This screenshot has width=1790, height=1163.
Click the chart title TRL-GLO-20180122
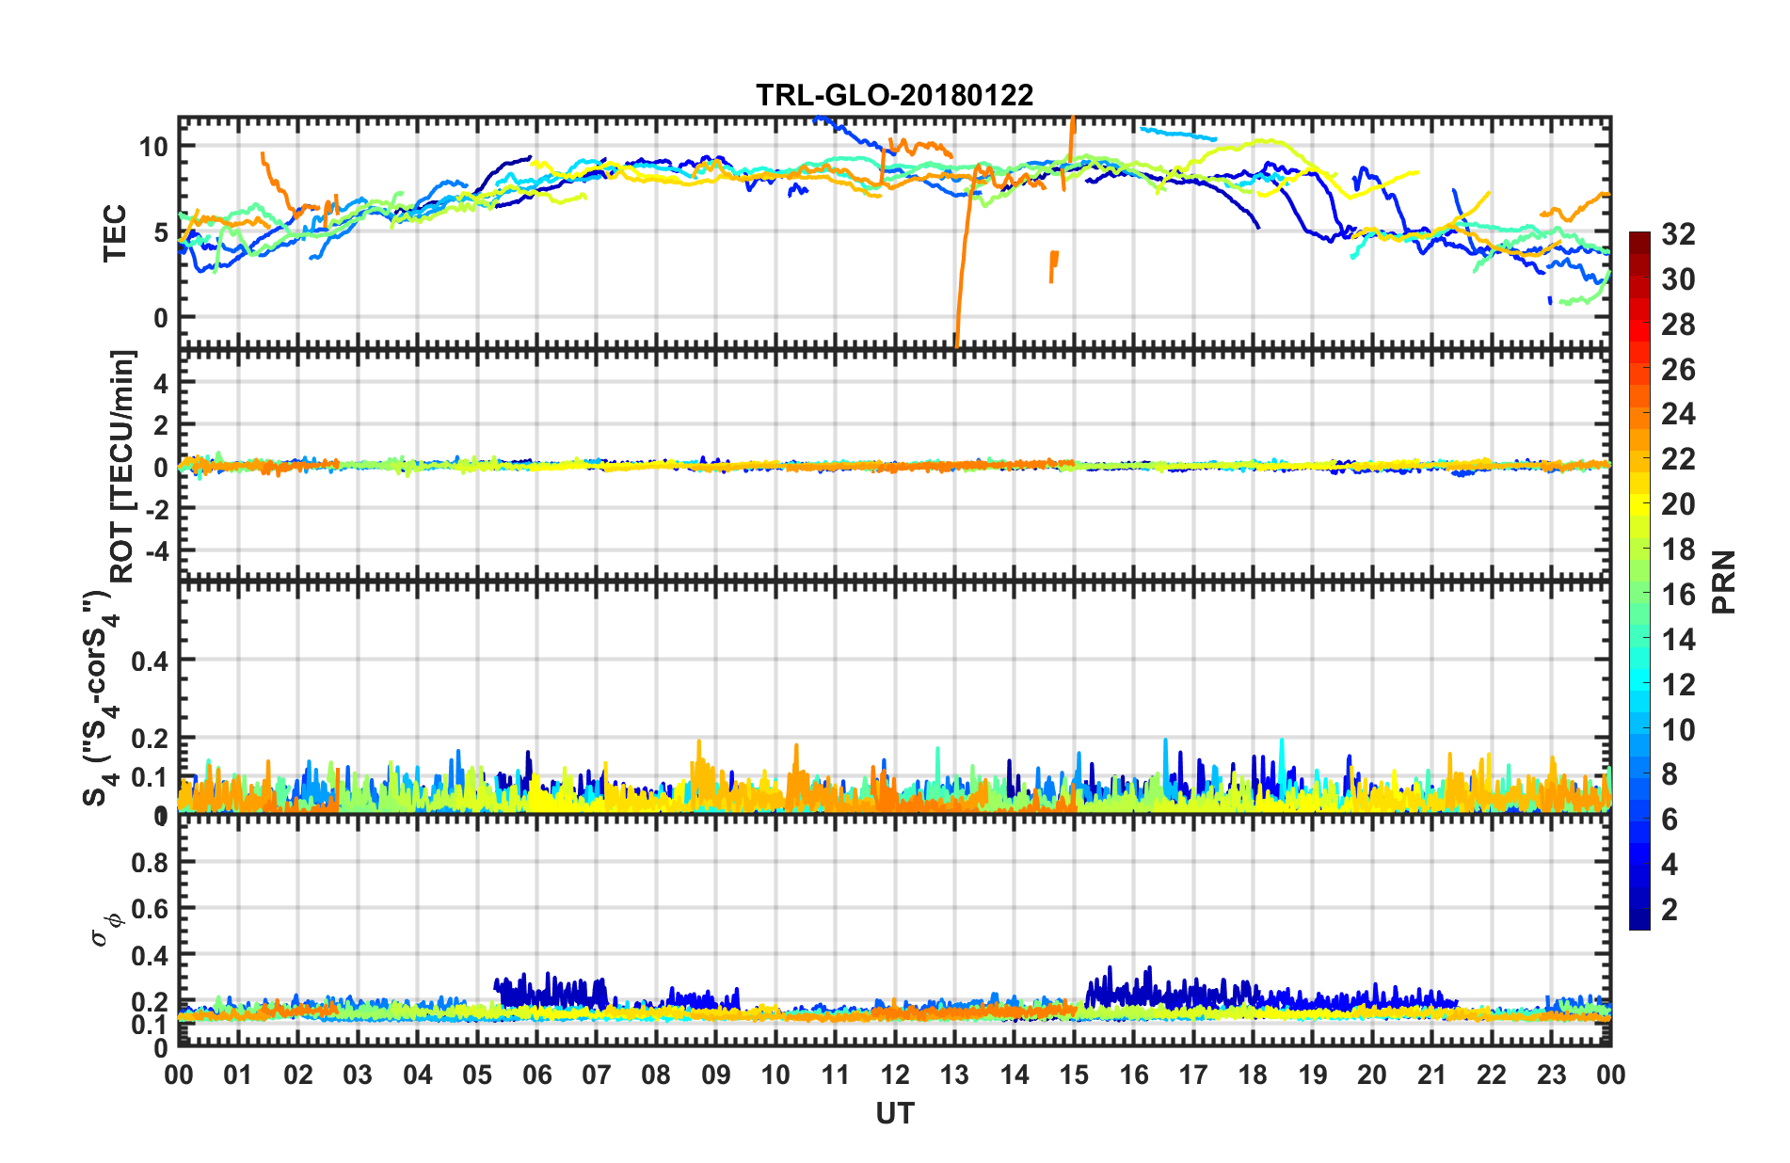[894, 95]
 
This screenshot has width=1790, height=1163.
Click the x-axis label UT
[894, 1114]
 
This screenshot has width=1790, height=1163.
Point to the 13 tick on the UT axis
[954, 1075]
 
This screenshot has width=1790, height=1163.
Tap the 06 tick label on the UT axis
[536, 1075]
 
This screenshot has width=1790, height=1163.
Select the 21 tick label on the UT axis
[1431, 1075]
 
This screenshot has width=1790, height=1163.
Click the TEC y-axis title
[115, 232]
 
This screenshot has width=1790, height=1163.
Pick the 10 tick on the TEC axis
[153, 147]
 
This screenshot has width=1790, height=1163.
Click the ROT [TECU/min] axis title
[122, 466]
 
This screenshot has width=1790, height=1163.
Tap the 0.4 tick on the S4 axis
[150, 661]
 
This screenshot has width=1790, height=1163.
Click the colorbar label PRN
[1724, 581]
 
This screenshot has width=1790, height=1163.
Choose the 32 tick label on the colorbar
[1678, 234]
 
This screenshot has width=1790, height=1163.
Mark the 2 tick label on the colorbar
[1670, 909]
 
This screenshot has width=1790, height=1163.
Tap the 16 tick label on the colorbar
[1678, 594]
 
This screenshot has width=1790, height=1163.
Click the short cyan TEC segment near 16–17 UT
[1177, 134]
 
